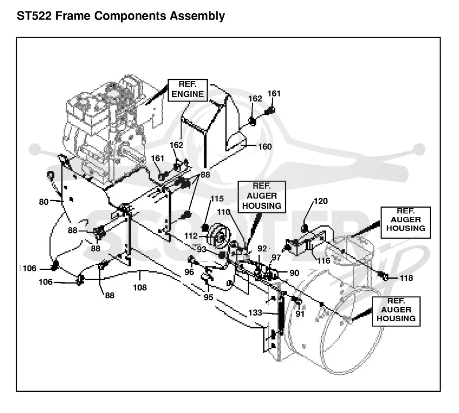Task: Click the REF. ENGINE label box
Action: pyautogui.click(x=188, y=90)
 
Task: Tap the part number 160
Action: pyautogui.click(x=265, y=146)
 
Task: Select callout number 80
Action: pyautogui.click(x=44, y=202)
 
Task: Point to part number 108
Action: pyautogui.click(x=140, y=287)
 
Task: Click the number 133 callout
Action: pyautogui.click(x=255, y=313)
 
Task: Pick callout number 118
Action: pyautogui.click(x=406, y=278)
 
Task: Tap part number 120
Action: pyautogui.click(x=321, y=201)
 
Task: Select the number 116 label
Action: pyautogui.click(x=324, y=260)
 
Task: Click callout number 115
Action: pyautogui.click(x=217, y=198)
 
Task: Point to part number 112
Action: pyautogui.click(x=191, y=236)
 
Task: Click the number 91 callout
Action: pyautogui.click(x=300, y=314)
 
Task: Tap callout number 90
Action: pyautogui.click(x=294, y=273)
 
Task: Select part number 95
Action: pyautogui.click(x=208, y=297)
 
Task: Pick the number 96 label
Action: pyautogui.click(x=189, y=272)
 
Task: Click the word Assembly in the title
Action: pyautogui.click(x=197, y=17)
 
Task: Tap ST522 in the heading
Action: pyautogui.click(x=34, y=16)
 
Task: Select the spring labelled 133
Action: pyautogui.click(x=281, y=313)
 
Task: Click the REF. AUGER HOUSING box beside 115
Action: pyautogui.click(x=262, y=197)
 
